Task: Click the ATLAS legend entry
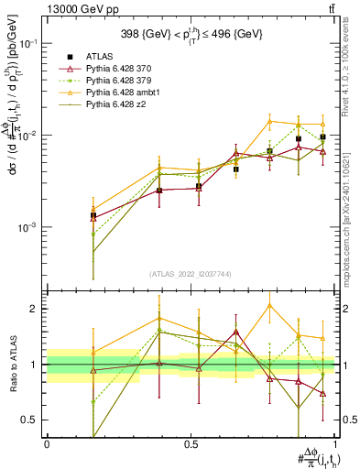pyautogui.click(x=102, y=58)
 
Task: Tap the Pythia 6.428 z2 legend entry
pyautogui.click(x=117, y=105)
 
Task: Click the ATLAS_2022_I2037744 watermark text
pyautogui.click(x=190, y=273)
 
